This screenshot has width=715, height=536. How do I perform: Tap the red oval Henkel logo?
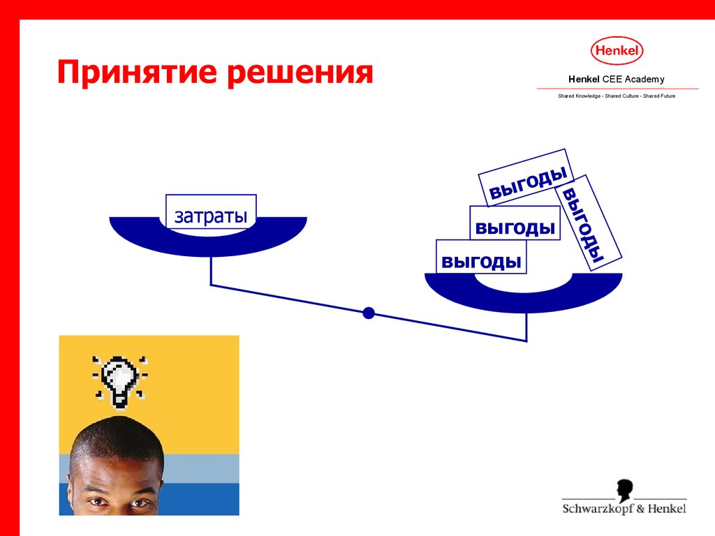click(617, 50)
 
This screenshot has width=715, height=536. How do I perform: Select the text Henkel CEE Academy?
click(616, 80)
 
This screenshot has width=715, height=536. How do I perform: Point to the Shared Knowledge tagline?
click(617, 96)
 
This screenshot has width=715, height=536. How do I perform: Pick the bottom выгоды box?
click(481, 257)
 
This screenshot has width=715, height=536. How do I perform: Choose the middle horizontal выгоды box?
click(515, 223)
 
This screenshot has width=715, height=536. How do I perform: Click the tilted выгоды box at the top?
click(526, 178)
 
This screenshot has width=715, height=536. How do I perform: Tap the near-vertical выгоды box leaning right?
click(588, 223)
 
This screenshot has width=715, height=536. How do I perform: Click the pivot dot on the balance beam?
click(369, 313)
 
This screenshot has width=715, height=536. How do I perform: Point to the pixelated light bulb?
click(120, 381)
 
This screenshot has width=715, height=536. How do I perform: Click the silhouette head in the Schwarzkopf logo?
click(625, 491)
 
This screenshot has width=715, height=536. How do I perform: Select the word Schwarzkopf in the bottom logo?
click(598, 509)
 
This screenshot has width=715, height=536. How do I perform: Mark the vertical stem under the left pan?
click(211, 271)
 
